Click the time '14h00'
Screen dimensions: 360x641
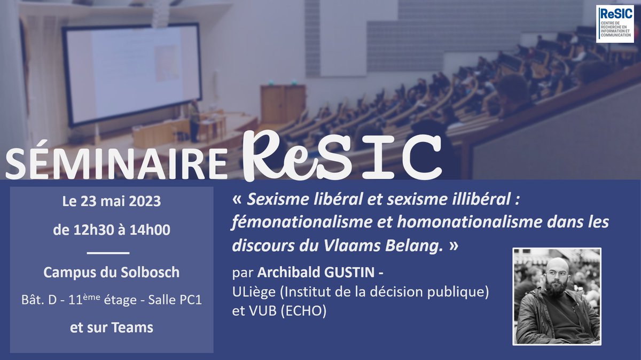coord(145,231)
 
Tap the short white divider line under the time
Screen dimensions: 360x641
coord(107,252)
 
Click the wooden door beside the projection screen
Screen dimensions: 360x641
coord(283,104)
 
